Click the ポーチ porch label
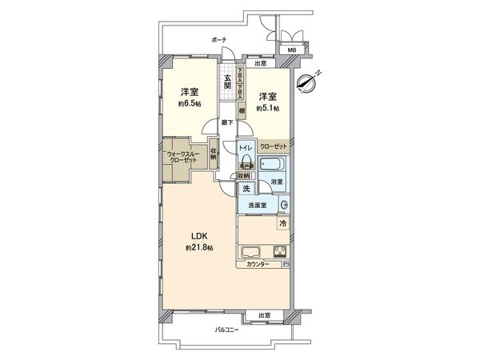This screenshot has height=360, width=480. pyautogui.click(x=219, y=39)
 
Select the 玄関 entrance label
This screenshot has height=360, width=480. pyautogui.click(x=227, y=80)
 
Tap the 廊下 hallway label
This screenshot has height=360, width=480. pyautogui.click(x=228, y=122)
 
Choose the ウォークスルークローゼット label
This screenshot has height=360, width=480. pyautogui.click(x=184, y=154)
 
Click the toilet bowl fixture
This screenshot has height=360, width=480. pyautogui.click(x=246, y=160)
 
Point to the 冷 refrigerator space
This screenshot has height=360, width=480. pyautogui.click(x=282, y=222)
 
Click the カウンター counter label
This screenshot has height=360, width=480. pyautogui.click(x=257, y=264)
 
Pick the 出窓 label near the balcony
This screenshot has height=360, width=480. pyautogui.click(x=264, y=315)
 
